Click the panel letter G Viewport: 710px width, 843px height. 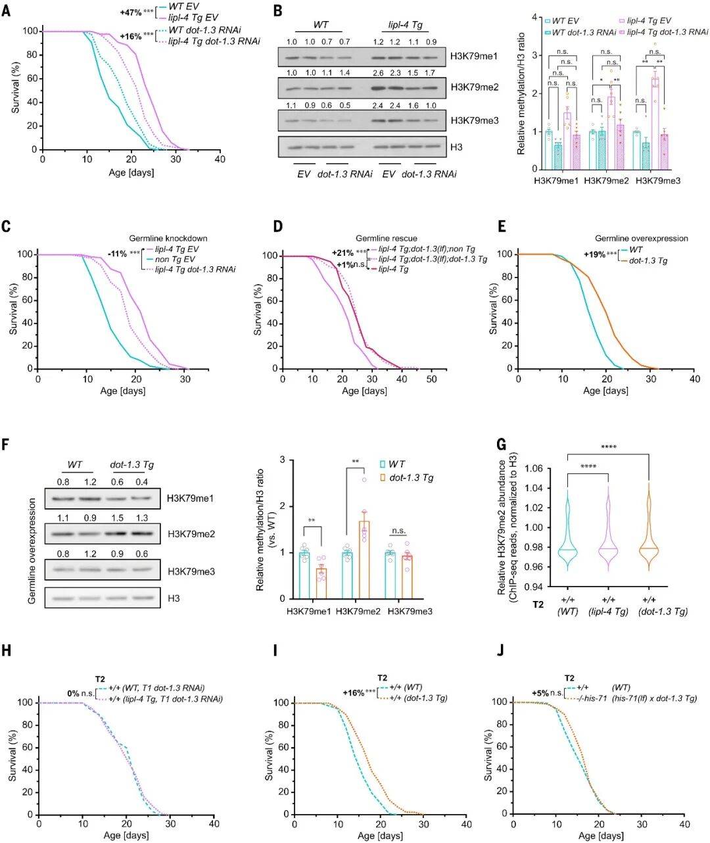tap(502, 445)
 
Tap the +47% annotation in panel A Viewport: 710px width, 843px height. tap(131, 12)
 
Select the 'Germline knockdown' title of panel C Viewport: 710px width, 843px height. tap(168, 238)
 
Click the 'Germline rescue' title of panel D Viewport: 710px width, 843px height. tap(387, 238)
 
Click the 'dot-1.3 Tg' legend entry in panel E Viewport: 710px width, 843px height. tap(648, 261)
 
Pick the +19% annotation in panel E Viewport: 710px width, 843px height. tap(595, 254)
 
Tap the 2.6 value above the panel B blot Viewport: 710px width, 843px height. tap(379, 73)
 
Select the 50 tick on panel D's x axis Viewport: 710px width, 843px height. tap(431, 379)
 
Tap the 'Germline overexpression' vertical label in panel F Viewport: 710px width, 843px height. tap(32, 552)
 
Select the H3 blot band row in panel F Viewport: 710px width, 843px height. tap(103, 598)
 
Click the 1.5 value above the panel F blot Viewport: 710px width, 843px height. tap(117, 518)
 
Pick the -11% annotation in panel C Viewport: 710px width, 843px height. tap(118, 254)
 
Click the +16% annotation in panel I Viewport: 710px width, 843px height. tap(354, 693)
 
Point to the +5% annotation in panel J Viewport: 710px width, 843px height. tap(540, 693)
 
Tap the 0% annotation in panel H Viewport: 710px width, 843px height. tap(73, 693)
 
